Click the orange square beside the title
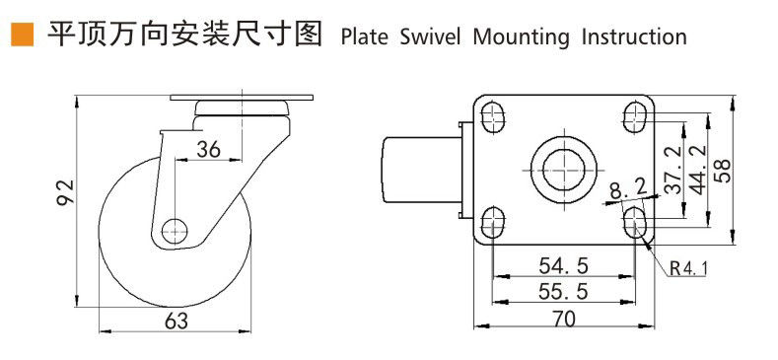pos(23,35)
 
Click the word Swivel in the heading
pos(430,37)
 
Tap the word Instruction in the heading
pos(634,37)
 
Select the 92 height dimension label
pos(64,192)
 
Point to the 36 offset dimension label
pos(208,149)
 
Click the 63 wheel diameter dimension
pos(177,321)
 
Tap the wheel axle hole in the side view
pos(175,231)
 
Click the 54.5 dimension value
pos(563,266)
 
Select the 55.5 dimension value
pos(563,292)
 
